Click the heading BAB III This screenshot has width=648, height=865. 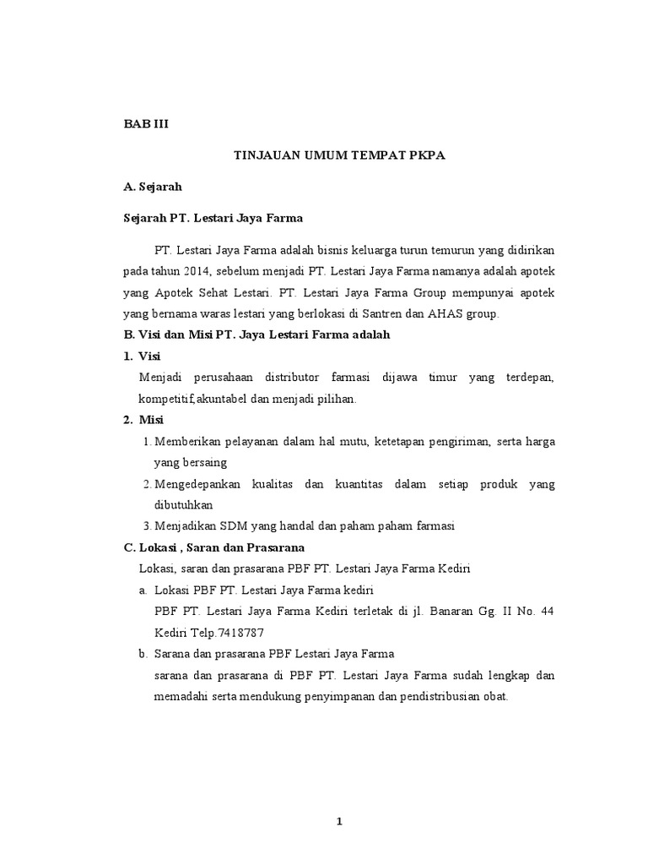pos(146,123)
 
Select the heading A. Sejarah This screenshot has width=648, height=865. pos(154,187)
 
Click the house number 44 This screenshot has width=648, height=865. pos(546,611)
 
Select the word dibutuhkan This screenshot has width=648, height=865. pos(183,504)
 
